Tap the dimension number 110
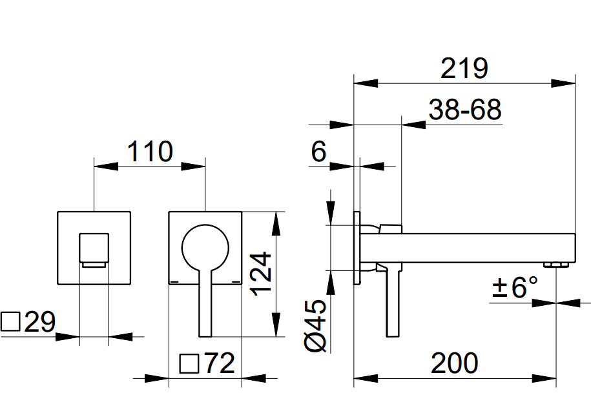149,152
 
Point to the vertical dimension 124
262,274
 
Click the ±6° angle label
515,287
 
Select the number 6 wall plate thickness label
318,152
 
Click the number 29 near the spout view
40,323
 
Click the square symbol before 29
11,322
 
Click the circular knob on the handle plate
205,248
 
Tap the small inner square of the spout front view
94,248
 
